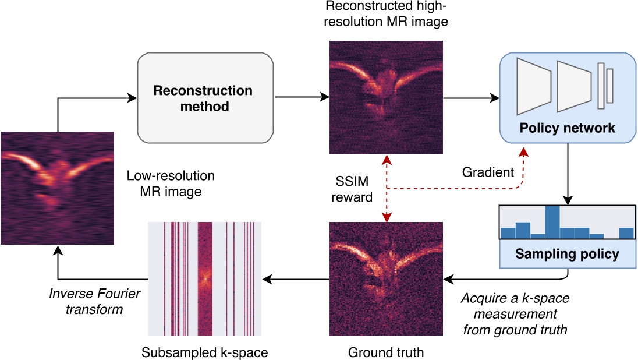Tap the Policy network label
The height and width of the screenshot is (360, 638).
click(x=568, y=128)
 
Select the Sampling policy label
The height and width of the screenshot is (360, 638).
click(x=568, y=254)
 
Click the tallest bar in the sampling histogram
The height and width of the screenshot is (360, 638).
click(x=552, y=223)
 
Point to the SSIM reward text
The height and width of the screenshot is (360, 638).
click(x=352, y=189)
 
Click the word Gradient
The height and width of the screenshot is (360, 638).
click(x=488, y=172)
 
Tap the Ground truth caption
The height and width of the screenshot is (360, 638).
click(x=385, y=352)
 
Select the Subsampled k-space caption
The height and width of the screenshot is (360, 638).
click(x=204, y=352)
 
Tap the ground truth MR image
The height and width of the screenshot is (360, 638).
click(x=385, y=279)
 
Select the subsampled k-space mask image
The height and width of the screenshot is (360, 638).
click(x=204, y=279)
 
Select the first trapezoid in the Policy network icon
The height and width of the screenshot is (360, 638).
click(x=534, y=86)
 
